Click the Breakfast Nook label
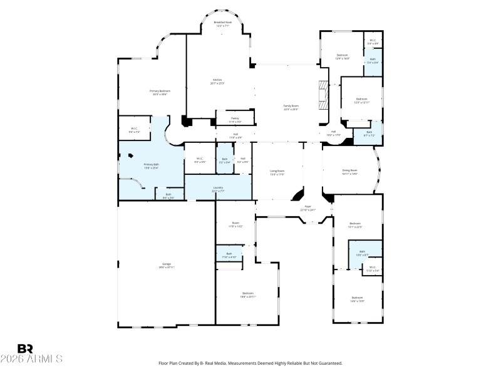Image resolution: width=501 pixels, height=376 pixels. click(x=224, y=23)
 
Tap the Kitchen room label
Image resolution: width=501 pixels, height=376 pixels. click(x=218, y=80)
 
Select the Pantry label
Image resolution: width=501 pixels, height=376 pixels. click(x=235, y=118)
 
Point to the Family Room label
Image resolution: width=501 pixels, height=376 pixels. click(x=291, y=107)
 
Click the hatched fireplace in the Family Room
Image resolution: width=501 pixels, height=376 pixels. click(x=323, y=95)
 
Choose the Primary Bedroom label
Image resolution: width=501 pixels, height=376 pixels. click(x=160, y=91)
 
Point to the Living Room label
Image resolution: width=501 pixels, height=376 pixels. click(x=277, y=170)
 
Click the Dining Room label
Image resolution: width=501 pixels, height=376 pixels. click(x=349, y=170)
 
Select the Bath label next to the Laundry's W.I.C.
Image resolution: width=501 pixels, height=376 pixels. click(x=224, y=159)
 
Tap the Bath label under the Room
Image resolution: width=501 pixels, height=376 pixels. click(x=229, y=254)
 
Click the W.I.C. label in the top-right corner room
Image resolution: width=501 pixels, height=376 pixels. click(x=373, y=41)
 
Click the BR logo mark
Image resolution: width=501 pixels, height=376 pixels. click(x=25, y=348)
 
